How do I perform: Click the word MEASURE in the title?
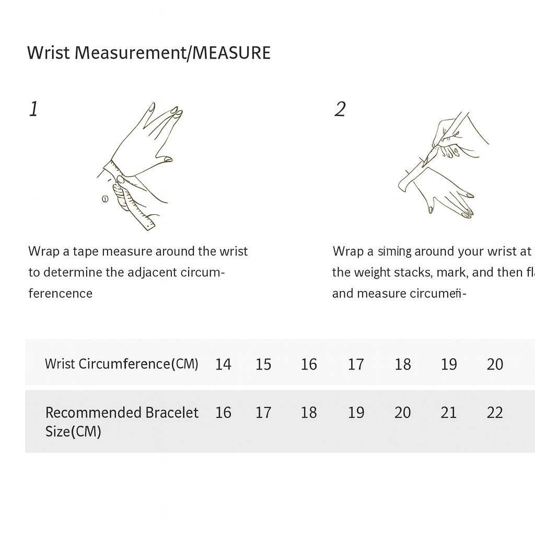point(231,53)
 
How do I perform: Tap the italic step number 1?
point(33,109)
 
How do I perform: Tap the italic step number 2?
point(340,109)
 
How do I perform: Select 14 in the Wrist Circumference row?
point(223,364)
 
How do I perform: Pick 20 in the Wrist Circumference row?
point(495,364)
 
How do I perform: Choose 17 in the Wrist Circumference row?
point(356,364)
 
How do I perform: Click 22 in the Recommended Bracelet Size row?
point(495,413)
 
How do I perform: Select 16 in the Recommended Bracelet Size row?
point(223,413)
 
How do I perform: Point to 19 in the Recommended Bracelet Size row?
point(356,413)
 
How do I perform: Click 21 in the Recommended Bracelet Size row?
point(448,413)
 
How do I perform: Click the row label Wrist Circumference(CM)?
point(121,364)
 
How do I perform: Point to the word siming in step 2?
point(394,252)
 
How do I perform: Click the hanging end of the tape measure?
point(146,222)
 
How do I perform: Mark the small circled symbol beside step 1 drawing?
point(104,199)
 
